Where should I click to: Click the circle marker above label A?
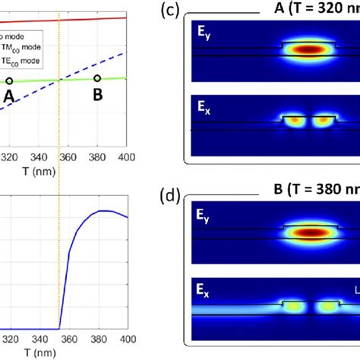coord(9,81)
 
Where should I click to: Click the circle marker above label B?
coord(97,78)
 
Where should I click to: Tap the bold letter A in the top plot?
coord(9,97)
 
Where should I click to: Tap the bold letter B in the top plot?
coord(97,96)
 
